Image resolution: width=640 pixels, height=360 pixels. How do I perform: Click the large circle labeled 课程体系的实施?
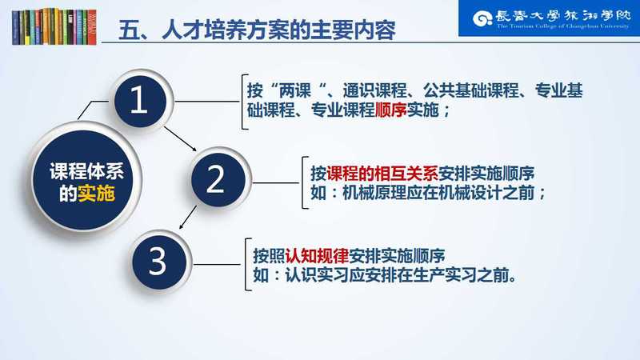85,179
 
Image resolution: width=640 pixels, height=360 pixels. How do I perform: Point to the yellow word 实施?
96,194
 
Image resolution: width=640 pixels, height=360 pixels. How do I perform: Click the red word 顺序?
390,110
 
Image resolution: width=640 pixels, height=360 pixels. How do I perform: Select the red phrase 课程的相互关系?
382,174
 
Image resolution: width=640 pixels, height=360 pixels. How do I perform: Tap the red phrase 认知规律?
317,256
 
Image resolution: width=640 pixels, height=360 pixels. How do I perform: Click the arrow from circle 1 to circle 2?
181,138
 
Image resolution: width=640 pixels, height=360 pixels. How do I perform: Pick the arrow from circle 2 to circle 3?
188,217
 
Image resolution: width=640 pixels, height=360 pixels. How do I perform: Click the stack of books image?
54,26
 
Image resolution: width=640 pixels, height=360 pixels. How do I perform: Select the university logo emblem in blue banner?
482,18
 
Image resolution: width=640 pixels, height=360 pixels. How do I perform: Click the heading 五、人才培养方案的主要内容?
257,30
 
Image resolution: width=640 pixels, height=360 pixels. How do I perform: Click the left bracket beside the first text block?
245,102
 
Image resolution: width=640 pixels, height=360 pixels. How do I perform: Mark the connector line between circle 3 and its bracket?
217,265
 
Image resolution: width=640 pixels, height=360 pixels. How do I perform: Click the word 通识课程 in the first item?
374,90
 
